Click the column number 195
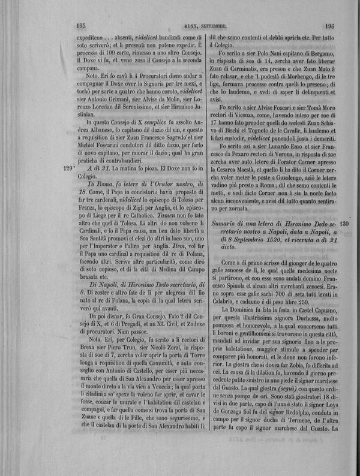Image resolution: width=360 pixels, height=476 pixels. (x=83, y=26)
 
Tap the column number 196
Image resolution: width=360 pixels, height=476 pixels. (x=328, y=26)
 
